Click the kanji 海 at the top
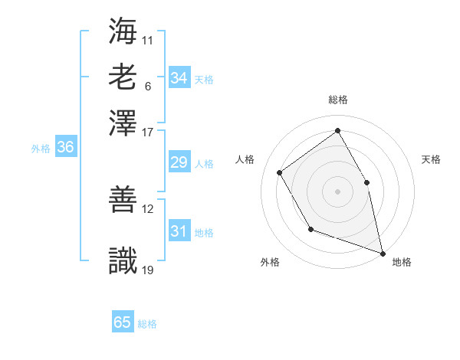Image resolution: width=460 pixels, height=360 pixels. coord(123,31)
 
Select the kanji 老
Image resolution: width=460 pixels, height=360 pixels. coord(123,77)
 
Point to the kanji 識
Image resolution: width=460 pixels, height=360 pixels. coord(123,260)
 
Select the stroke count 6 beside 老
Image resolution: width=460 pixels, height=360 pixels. coord(148,86)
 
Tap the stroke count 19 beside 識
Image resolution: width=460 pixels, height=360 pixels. coord(148,269)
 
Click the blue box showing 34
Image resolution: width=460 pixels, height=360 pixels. coord(179,78)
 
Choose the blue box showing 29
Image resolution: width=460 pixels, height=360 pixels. coord(179,162)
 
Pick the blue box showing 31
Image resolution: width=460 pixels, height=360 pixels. coord(179,231)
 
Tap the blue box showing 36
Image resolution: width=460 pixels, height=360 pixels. coord(65,148)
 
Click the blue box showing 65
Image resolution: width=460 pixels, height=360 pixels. coord(123,322)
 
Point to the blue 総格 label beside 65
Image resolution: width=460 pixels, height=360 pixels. coord(147,324)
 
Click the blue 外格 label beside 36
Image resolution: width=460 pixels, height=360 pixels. coord(41,149)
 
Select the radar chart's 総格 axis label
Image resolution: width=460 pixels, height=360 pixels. coord(338,100)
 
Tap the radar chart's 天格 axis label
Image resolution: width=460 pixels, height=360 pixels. coord(431,159)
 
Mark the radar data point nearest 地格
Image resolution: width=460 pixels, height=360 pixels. coord(382,252)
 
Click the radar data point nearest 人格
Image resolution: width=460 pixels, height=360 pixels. coord(280,172)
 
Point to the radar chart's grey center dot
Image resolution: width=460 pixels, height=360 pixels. coord(337,191)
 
